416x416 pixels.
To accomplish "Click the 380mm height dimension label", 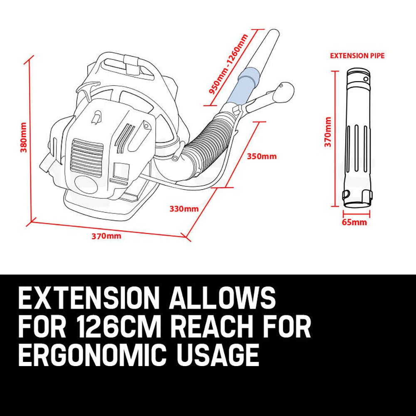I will [24, 137].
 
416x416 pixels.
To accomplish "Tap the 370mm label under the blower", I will [106, 236].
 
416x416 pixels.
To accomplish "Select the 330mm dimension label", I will [184, 208].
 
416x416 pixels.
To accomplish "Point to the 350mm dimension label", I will [262, 156].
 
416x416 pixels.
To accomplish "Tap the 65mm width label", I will [354, 222].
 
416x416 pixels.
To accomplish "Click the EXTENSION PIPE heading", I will [357, 55].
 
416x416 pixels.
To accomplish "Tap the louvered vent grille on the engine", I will [87, 154].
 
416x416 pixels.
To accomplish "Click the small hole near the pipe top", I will [366, 78].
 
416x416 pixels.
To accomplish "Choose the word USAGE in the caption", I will [222, 355].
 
